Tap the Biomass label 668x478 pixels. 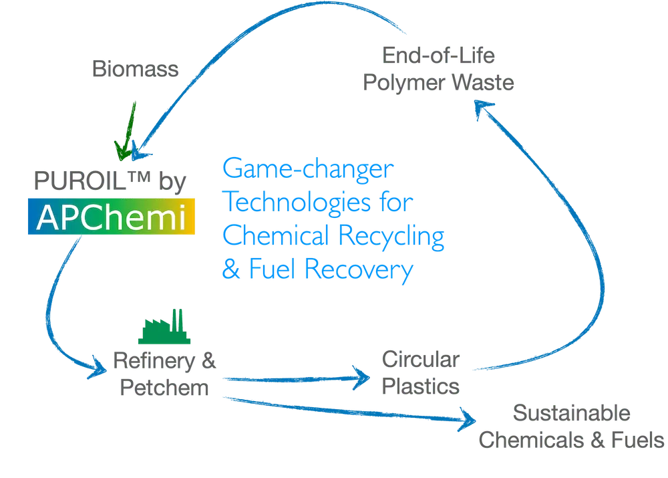[135, 70]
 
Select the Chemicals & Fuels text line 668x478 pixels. [572, 439]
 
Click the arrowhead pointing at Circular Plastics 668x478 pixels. [364, 378]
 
